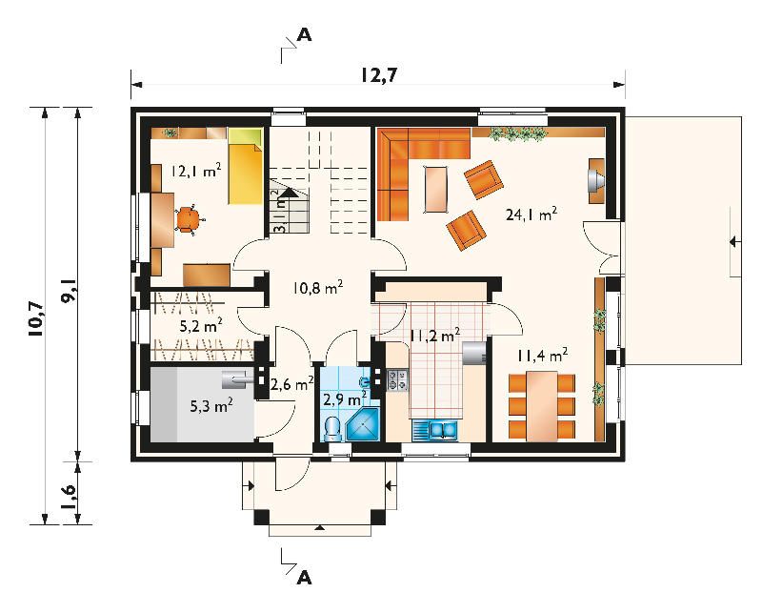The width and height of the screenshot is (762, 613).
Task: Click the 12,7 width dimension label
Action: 379,75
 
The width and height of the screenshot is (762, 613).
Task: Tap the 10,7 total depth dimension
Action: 36,318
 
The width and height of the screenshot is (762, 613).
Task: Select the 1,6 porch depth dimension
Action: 68,497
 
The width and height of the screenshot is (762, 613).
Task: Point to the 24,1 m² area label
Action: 531,215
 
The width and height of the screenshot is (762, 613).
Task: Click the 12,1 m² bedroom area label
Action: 195,171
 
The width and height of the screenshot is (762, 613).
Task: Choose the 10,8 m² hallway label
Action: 318,287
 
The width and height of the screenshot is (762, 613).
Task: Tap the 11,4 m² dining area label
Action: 542,356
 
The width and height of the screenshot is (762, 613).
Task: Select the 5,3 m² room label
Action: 211,405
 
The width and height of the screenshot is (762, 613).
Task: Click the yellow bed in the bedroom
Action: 246,167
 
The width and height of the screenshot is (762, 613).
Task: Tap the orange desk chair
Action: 188,220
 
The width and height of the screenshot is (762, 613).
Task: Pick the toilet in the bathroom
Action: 332,428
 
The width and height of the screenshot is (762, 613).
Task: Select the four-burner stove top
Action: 397,379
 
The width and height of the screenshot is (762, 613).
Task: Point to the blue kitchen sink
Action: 435,431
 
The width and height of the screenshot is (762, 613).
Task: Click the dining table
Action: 542,406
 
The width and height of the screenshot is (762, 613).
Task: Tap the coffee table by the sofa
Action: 436,190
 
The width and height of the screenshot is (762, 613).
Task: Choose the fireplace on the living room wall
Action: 597,180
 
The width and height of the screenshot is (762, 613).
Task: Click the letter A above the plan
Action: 304,35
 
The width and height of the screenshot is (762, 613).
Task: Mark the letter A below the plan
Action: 304,578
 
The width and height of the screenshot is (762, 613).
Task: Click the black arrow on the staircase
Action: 288,193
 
